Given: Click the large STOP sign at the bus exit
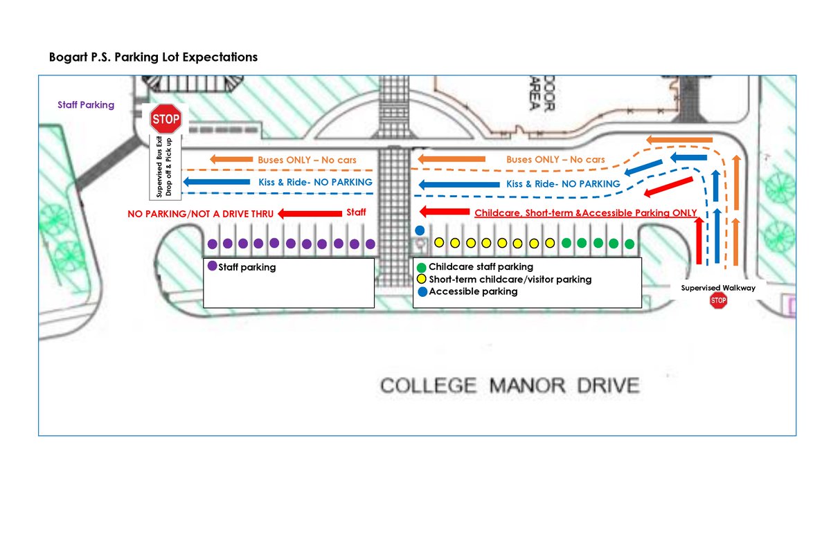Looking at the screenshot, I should pyautogui.click(x=166, y=119).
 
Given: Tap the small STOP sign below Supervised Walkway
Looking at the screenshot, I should pyautogui.click(x=718, y=300).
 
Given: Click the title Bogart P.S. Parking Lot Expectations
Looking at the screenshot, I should pyautogui.click(x=153, y=57).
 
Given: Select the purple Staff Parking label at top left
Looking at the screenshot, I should pyautogui.click(x=86, y=105).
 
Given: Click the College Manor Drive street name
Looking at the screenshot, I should pyautogui.click(x=509, y=385).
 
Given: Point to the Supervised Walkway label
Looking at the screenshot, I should pyautogui.click(x=718, y=288).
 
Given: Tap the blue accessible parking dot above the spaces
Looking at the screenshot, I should pyautogui.click(x=419, y=230).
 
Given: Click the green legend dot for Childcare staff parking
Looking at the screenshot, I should pyautogui.click(x=422, y=267).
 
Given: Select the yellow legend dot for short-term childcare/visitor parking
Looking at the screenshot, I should pyautogui.click(x=422, y=280).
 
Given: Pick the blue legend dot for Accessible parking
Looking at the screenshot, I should pyautogui.click(x=422, y=292).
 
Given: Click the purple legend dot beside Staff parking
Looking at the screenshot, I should pyautogui.click(x=212, y=266).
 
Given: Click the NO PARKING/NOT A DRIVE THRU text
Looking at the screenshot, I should pyautogui.click(x=195, y=214).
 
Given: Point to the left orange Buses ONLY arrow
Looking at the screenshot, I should pyautogui.click(x=231, y=160).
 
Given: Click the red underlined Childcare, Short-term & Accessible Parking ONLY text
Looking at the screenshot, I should pyautogui.click(x=585, y=213).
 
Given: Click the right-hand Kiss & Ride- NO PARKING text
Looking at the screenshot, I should pyautogui.click(x=563, y=184).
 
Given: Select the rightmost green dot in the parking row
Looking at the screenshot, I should pyautogui.click(x=629, y=244).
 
